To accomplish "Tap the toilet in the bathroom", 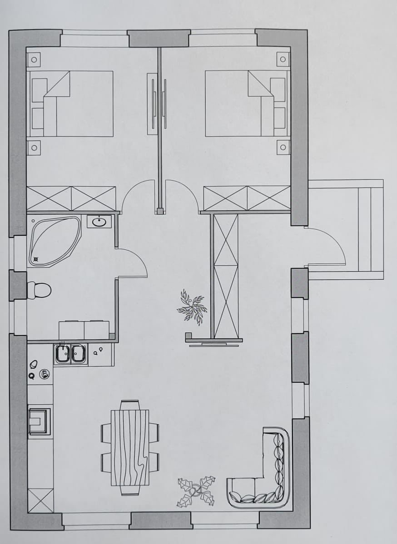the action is point(39,290).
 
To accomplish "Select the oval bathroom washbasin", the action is point(99,222).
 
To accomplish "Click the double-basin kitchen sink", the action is point(70,354).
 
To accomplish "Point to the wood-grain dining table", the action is point(130,447).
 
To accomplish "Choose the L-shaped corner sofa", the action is point(263,477).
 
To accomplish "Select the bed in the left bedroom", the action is point(70,104).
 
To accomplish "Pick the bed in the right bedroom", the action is point(245,104).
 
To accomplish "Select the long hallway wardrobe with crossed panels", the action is point(226,276).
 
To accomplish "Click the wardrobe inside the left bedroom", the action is point(71,198).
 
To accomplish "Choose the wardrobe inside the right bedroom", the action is point(247,198).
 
